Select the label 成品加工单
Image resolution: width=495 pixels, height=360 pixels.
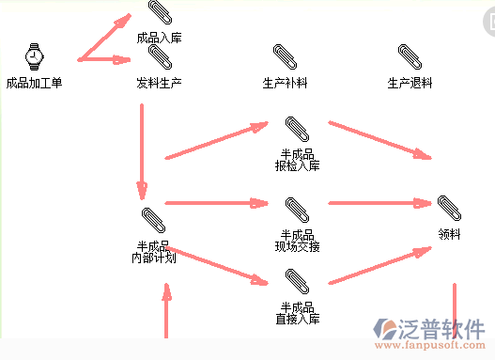tap(34, 83)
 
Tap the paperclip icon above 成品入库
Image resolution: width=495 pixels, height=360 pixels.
tap(159, 13)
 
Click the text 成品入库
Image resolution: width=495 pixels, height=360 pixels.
tap(159, 39)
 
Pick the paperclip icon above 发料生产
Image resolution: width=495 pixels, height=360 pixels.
tap(159, 56)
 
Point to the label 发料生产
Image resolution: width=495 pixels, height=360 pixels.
tap(159, 83)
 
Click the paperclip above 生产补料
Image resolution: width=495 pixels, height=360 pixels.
tap(285, 56)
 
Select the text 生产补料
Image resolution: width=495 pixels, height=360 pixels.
tap(285, 83)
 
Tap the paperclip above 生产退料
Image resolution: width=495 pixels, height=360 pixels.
tap(410, 56)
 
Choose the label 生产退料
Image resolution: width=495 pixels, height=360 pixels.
tap(410, 83)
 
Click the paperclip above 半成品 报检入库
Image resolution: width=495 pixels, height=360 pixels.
tap(297, 128)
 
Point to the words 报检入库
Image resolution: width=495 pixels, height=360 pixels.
tap(298, 166)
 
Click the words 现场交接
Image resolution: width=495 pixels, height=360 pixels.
tap(298, 247)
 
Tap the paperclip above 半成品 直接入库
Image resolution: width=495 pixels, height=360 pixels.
tap(297, 280)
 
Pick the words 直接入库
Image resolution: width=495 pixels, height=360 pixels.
tap(298, 320)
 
